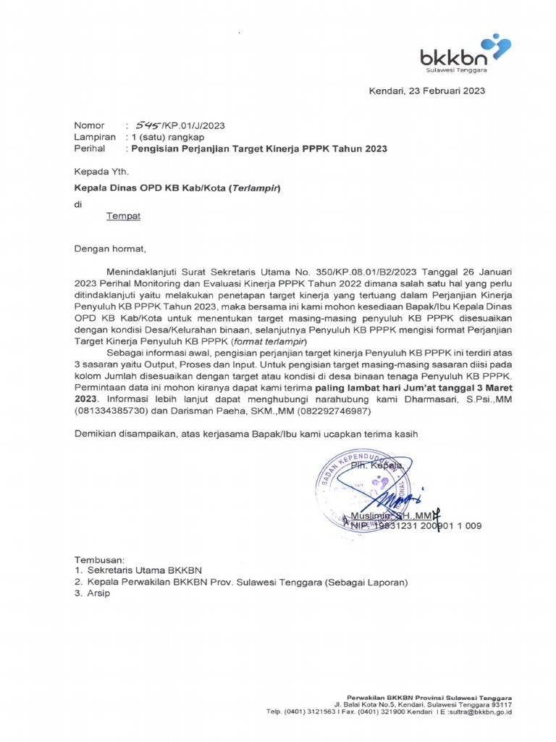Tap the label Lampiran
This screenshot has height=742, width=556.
tap(94, 136)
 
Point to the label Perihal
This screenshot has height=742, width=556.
tap(90, 149)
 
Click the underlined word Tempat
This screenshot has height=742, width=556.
tap(123, 216)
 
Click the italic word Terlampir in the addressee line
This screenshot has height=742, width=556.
tap(253, 188)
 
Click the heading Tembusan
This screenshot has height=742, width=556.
tap(100, 560)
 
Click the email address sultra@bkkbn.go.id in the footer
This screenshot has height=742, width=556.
tap(477, 712)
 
